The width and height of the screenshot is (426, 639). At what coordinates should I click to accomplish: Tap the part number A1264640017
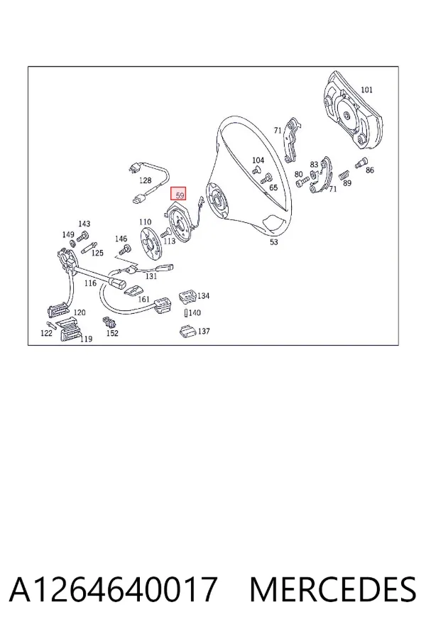(x=113, y=589)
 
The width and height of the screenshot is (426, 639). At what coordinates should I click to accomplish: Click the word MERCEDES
(x=333, y=589)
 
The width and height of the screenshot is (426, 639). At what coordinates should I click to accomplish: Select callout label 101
(x=366, y=89)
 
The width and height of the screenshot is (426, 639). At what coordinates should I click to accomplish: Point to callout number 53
(x=273, y=242)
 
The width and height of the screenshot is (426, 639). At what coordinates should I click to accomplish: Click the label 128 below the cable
(x=145, y=180)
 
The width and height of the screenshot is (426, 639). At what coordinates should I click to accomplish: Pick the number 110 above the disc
(x=145, y=222)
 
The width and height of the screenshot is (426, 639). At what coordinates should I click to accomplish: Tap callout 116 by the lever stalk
(x=90, y=283)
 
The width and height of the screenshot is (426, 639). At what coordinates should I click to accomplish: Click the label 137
(x=204, y=331)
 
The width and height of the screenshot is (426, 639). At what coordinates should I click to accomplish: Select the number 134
(x=204, y=295)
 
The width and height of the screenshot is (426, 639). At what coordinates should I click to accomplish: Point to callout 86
(x=369, y=170)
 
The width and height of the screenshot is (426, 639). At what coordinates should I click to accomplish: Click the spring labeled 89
(x=344, y=175)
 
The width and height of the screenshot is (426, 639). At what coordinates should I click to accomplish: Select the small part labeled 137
(x=187, y=331)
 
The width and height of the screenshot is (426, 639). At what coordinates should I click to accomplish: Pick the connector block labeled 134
(x=187, y=296)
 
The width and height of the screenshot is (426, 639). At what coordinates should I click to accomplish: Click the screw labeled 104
(x=257, y=170)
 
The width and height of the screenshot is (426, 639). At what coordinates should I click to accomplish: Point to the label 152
(x=112, y=333)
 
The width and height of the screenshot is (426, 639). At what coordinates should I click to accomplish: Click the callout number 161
(x=144, y=299)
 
